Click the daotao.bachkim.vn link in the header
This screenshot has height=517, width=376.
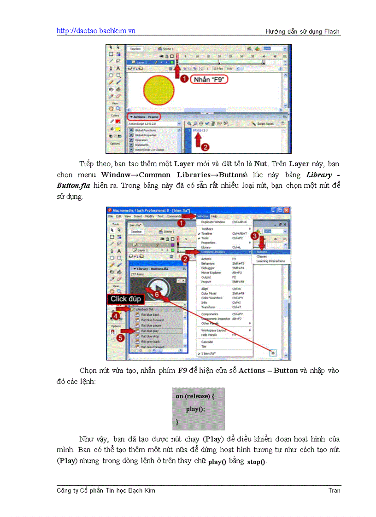pos(96,31)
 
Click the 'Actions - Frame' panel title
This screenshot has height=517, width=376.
pos(145,116)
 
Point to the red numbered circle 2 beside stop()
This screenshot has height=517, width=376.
pos(206,147)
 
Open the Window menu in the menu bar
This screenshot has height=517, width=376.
pos(202,216)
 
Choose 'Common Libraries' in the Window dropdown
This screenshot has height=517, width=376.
pos(213,252)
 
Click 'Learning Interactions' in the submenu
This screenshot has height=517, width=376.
pos(270,261)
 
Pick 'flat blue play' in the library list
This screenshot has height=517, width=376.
pos(151,331)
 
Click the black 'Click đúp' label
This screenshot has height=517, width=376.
pos(125,299)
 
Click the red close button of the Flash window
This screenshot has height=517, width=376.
pos(285,210)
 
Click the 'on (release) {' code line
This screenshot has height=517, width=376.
pos(195,396)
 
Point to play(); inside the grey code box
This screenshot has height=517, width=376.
pos(195,409)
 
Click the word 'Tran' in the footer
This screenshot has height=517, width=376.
pos(334,490)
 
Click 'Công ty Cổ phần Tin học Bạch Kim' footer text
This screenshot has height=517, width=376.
pos(106,490)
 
